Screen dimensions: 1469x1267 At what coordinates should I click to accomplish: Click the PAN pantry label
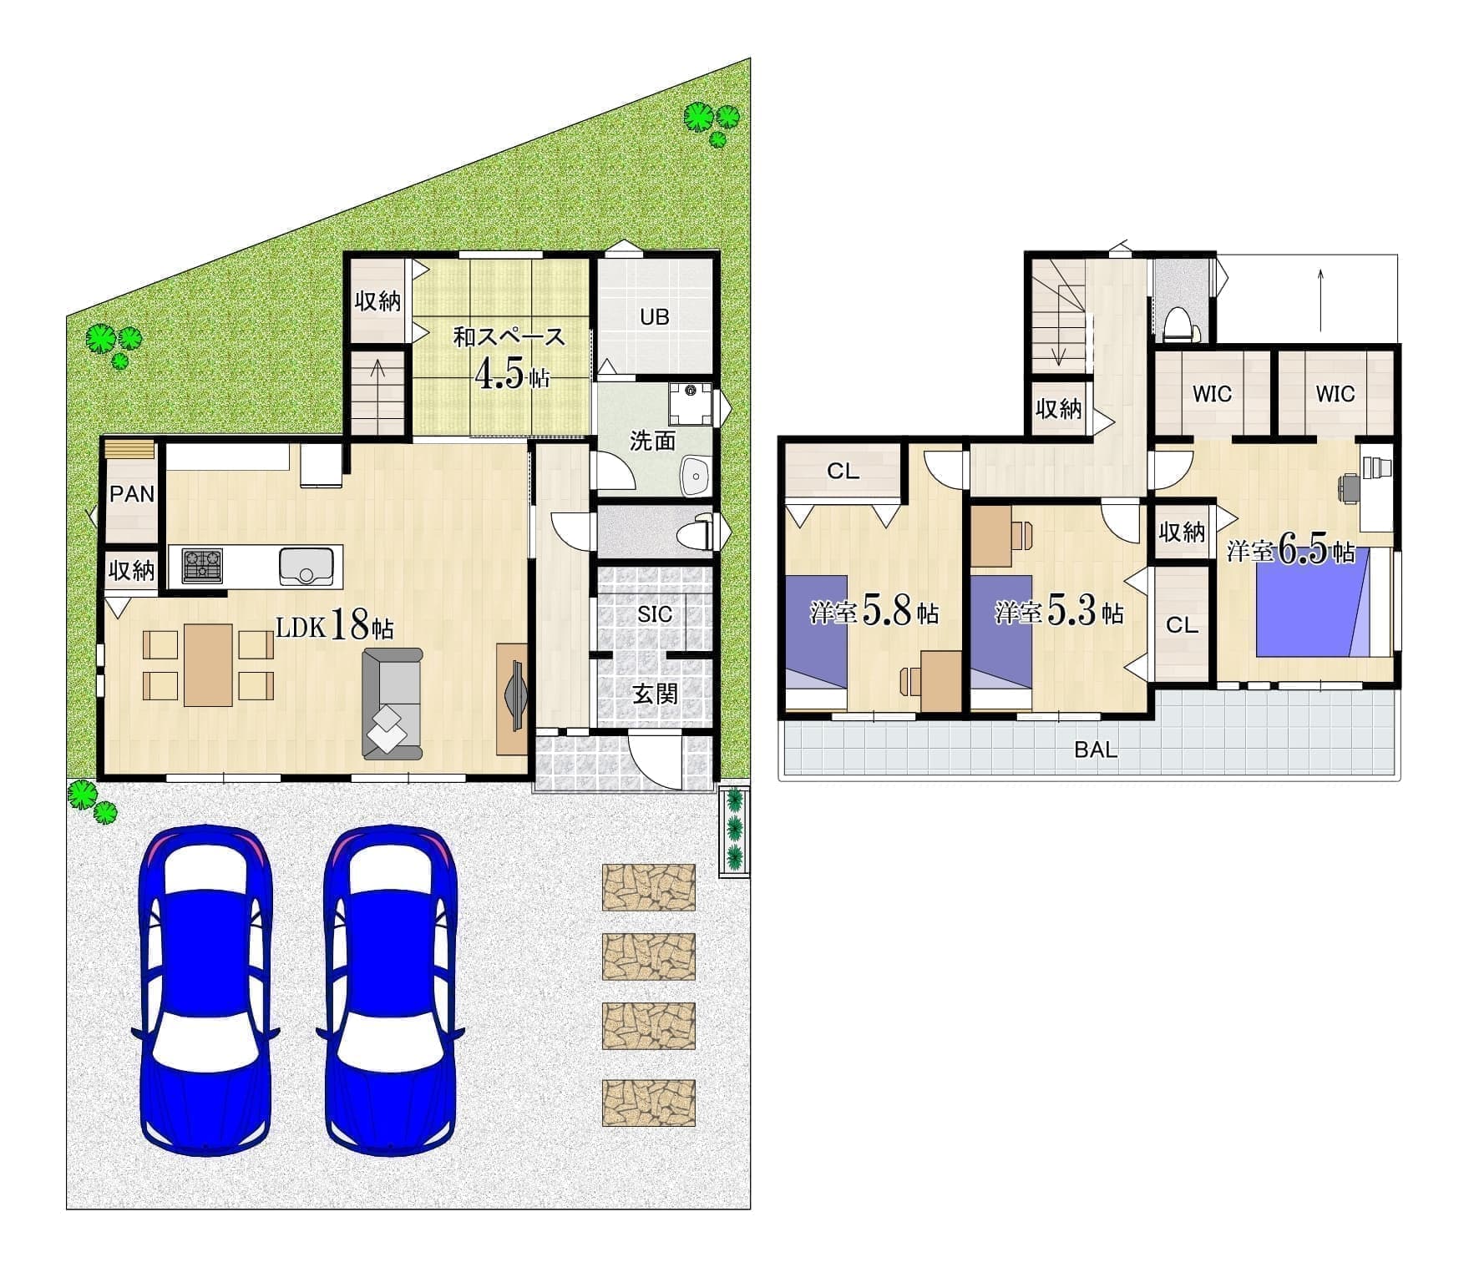tap(132, 494)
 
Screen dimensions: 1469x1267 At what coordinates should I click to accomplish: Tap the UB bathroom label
tap(655, 317)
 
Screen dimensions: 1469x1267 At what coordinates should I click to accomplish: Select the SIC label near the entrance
tap(655, 614)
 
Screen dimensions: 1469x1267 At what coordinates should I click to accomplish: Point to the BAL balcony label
tap(1096, 750)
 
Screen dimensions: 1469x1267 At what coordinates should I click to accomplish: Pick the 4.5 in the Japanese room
tap(499, 375)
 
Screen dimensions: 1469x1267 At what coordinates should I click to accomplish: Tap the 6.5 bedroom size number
tap(1304, 551)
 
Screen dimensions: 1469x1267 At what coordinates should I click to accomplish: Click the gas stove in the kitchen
tap(202, 565)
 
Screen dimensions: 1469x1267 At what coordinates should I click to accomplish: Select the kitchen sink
tap(308, 565)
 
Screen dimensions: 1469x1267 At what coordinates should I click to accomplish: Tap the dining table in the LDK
tap(208, 665)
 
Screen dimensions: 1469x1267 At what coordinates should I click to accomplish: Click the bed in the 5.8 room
tap(817, 642)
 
